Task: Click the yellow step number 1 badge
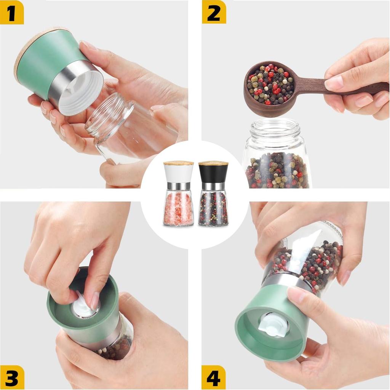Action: pyautogui.click(x=12, y=12)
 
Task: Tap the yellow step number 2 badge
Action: pyautogui.click(x=214, y=12)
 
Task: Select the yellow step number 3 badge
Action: pyautogui.click(x=12, y=377)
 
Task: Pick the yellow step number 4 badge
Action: pyautogui.click(x=213, y=377)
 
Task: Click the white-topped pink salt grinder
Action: pyautogui.click(x=178, y=193)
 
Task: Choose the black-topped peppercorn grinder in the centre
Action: pyautogui.click(x=213, y=193)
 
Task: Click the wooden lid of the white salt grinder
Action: pyautogui.click(x=178, y=163)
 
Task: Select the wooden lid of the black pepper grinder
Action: pyautogui.click(x=213, y=163)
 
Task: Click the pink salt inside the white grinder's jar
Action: pyautogui.click(x=178, y=208)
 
